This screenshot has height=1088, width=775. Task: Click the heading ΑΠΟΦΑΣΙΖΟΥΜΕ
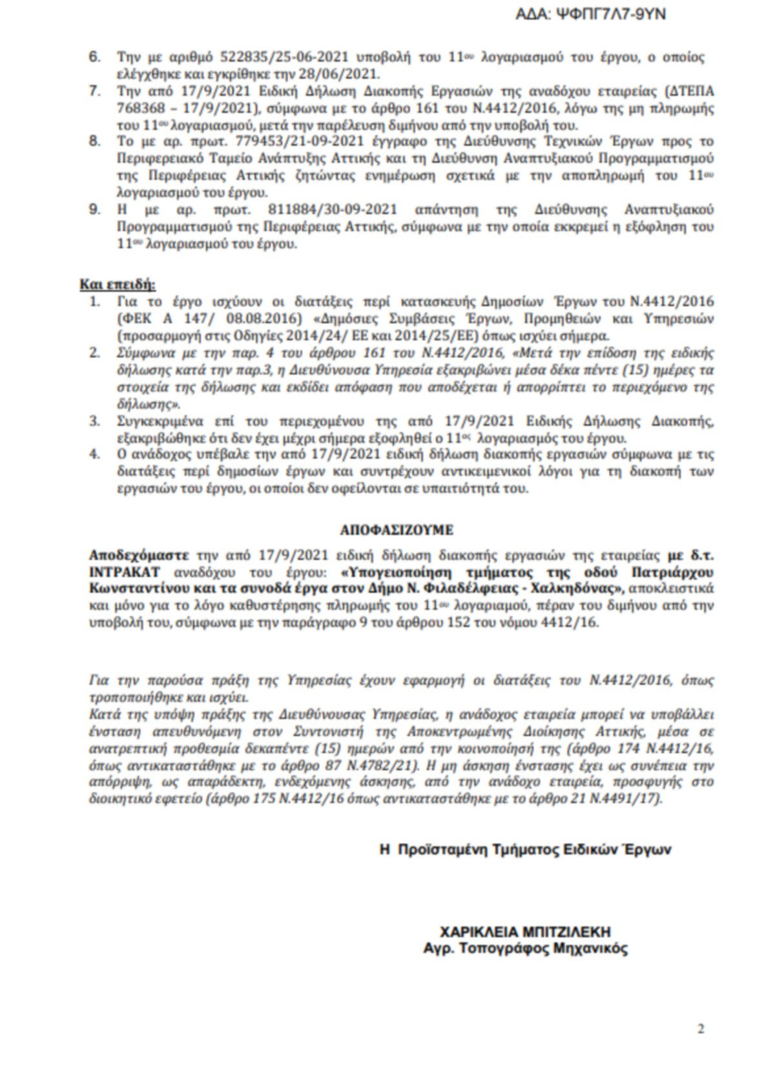tap(397, 530)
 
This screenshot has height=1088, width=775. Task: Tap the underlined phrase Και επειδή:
tap(118, 284)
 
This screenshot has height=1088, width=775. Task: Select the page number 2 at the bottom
tap(701, 1029)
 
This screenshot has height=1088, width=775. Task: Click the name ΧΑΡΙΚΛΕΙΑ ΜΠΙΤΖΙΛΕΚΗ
tap(525, 932)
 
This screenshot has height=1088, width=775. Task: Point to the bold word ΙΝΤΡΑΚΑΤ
tap(120, 572)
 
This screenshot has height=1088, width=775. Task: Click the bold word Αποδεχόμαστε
tap(139, 556)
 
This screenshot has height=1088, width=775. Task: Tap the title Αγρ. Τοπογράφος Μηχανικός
tap(525, 948)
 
